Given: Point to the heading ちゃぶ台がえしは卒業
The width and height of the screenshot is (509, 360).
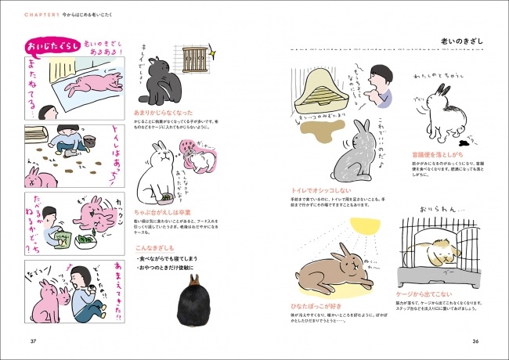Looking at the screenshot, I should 165,210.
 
